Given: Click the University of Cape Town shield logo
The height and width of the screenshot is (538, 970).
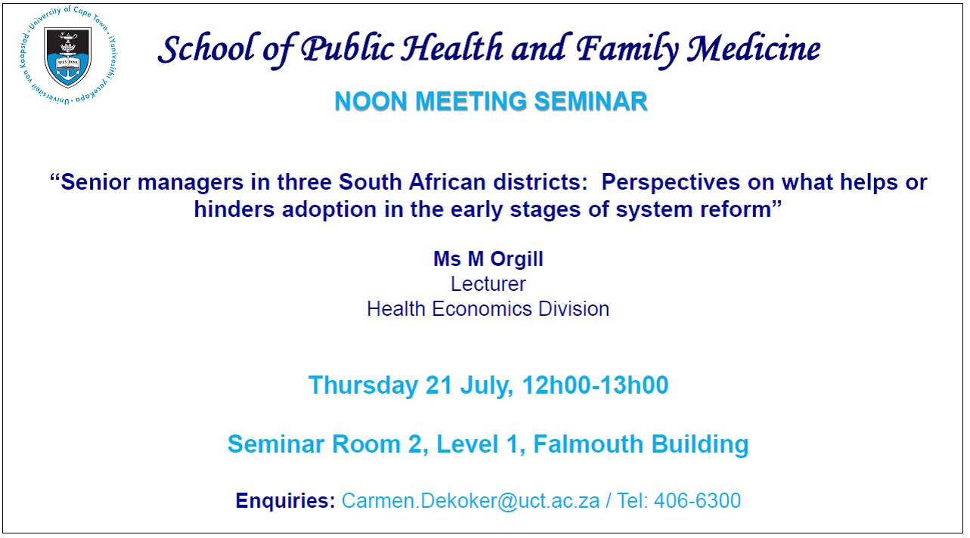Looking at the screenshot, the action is [68, 56].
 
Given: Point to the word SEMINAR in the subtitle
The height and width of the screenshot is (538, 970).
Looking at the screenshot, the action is [590, 102].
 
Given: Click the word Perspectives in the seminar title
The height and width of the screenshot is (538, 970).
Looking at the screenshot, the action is [671, 182].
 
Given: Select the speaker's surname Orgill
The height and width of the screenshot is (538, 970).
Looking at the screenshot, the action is [516, 259].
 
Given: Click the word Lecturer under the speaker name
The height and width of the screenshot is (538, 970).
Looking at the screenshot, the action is [488, 284].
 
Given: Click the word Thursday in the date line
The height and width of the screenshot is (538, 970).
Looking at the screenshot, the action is [363, 385].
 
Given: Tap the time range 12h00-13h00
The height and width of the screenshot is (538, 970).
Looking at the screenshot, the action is [595, 385].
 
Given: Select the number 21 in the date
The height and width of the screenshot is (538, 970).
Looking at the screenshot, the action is [439, 385].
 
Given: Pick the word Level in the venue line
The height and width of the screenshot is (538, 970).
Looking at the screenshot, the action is [467, 444].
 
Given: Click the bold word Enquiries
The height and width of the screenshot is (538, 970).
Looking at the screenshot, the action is [285, 501].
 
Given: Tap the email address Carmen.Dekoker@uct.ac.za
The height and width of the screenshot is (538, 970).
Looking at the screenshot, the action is [471, 501].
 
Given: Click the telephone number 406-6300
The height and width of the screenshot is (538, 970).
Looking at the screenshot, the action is [697, 501].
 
